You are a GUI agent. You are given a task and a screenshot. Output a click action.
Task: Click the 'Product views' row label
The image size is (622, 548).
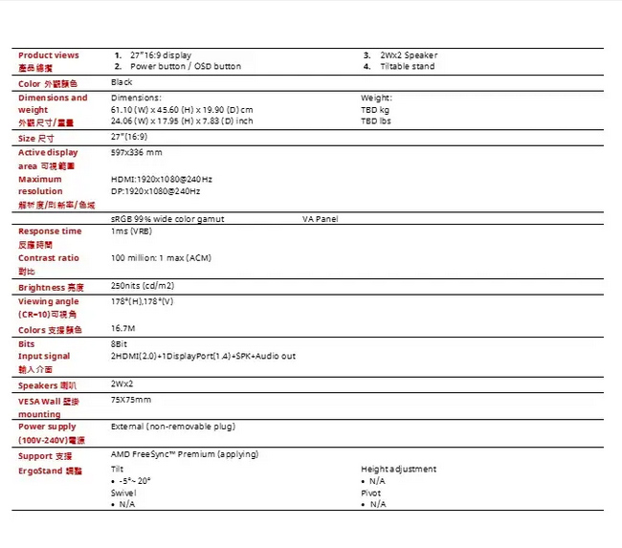click(49, 55)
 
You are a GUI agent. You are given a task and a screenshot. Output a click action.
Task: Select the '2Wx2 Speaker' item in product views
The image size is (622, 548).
click(409, 55)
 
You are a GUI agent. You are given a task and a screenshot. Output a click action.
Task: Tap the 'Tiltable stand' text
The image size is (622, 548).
click(407, 67)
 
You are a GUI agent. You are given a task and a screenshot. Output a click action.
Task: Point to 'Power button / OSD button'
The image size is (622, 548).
click(186, 67)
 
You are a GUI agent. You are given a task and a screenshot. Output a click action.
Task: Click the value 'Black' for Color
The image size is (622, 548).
click(122, 83)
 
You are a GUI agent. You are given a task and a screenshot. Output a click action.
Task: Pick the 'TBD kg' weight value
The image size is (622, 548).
click(375, 110)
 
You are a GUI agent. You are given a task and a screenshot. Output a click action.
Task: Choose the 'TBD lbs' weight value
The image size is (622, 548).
click(376, 121)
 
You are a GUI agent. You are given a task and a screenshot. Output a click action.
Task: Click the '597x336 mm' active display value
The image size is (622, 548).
click(137, 152)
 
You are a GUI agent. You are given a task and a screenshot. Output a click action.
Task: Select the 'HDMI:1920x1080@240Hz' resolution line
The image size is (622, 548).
click(162, 180)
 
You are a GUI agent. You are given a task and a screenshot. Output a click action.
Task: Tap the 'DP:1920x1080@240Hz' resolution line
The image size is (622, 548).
click(156, 191)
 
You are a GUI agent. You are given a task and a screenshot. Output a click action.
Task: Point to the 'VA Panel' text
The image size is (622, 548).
click(320, 219)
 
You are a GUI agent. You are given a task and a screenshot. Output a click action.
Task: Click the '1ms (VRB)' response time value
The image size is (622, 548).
click(131, 231)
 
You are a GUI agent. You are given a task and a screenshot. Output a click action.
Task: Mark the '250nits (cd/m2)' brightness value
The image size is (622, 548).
click(143, 286)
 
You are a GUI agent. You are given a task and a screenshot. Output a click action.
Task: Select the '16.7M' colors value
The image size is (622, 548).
click(122, 328)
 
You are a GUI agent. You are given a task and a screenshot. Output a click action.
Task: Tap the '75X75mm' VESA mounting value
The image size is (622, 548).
click(131, 399)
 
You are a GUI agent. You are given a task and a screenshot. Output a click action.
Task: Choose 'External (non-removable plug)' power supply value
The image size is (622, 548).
click(173, 427)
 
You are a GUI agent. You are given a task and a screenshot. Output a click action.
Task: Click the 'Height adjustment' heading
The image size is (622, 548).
click(398, 469)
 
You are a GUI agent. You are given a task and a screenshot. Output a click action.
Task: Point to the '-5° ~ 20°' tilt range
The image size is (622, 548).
click(135, 481)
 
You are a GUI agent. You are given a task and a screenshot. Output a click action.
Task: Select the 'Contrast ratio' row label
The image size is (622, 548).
click(49, 258)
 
